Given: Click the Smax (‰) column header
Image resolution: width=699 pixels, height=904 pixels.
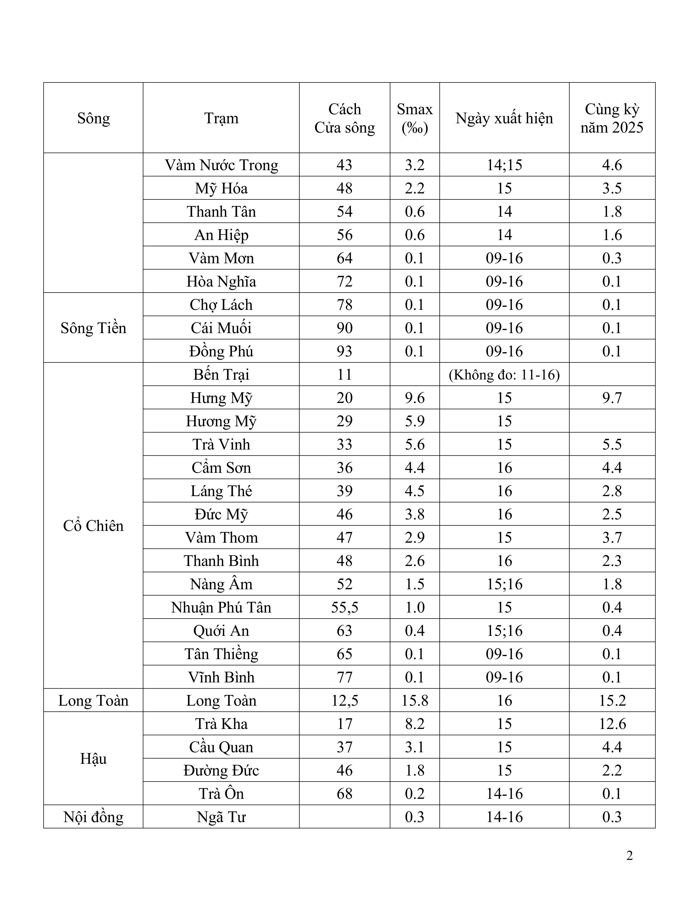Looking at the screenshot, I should point(414,118).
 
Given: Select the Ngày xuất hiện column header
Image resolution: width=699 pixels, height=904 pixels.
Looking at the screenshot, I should point(504,118).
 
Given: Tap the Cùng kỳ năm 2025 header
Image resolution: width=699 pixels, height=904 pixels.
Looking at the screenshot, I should point(612,118).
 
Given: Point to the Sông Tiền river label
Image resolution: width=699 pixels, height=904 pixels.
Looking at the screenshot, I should point(93,328).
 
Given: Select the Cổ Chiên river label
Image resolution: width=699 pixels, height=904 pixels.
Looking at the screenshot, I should point(93,526).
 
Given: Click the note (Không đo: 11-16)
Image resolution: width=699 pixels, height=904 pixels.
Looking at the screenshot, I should point(504,374).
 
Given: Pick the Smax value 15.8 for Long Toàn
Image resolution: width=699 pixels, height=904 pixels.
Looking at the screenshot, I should point(414,700).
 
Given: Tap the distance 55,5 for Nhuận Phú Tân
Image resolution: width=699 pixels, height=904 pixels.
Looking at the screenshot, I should point(345,607).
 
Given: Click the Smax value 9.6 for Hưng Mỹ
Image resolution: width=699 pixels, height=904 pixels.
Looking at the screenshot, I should point(414,398).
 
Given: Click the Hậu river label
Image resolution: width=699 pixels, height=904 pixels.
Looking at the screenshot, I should point(93,759).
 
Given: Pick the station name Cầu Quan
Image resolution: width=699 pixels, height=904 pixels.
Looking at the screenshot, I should point(221,747).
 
